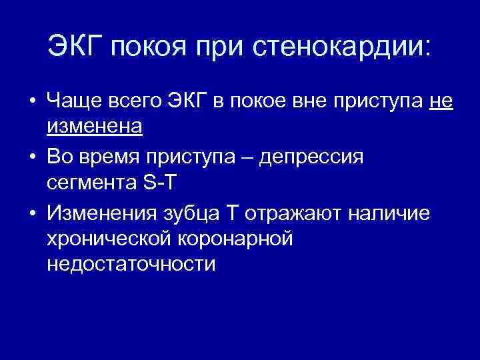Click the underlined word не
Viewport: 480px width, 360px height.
(x=440, y=103)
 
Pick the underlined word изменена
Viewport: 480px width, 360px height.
(x=95, y=127)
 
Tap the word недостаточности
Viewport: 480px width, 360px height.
(x=131, y=263)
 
